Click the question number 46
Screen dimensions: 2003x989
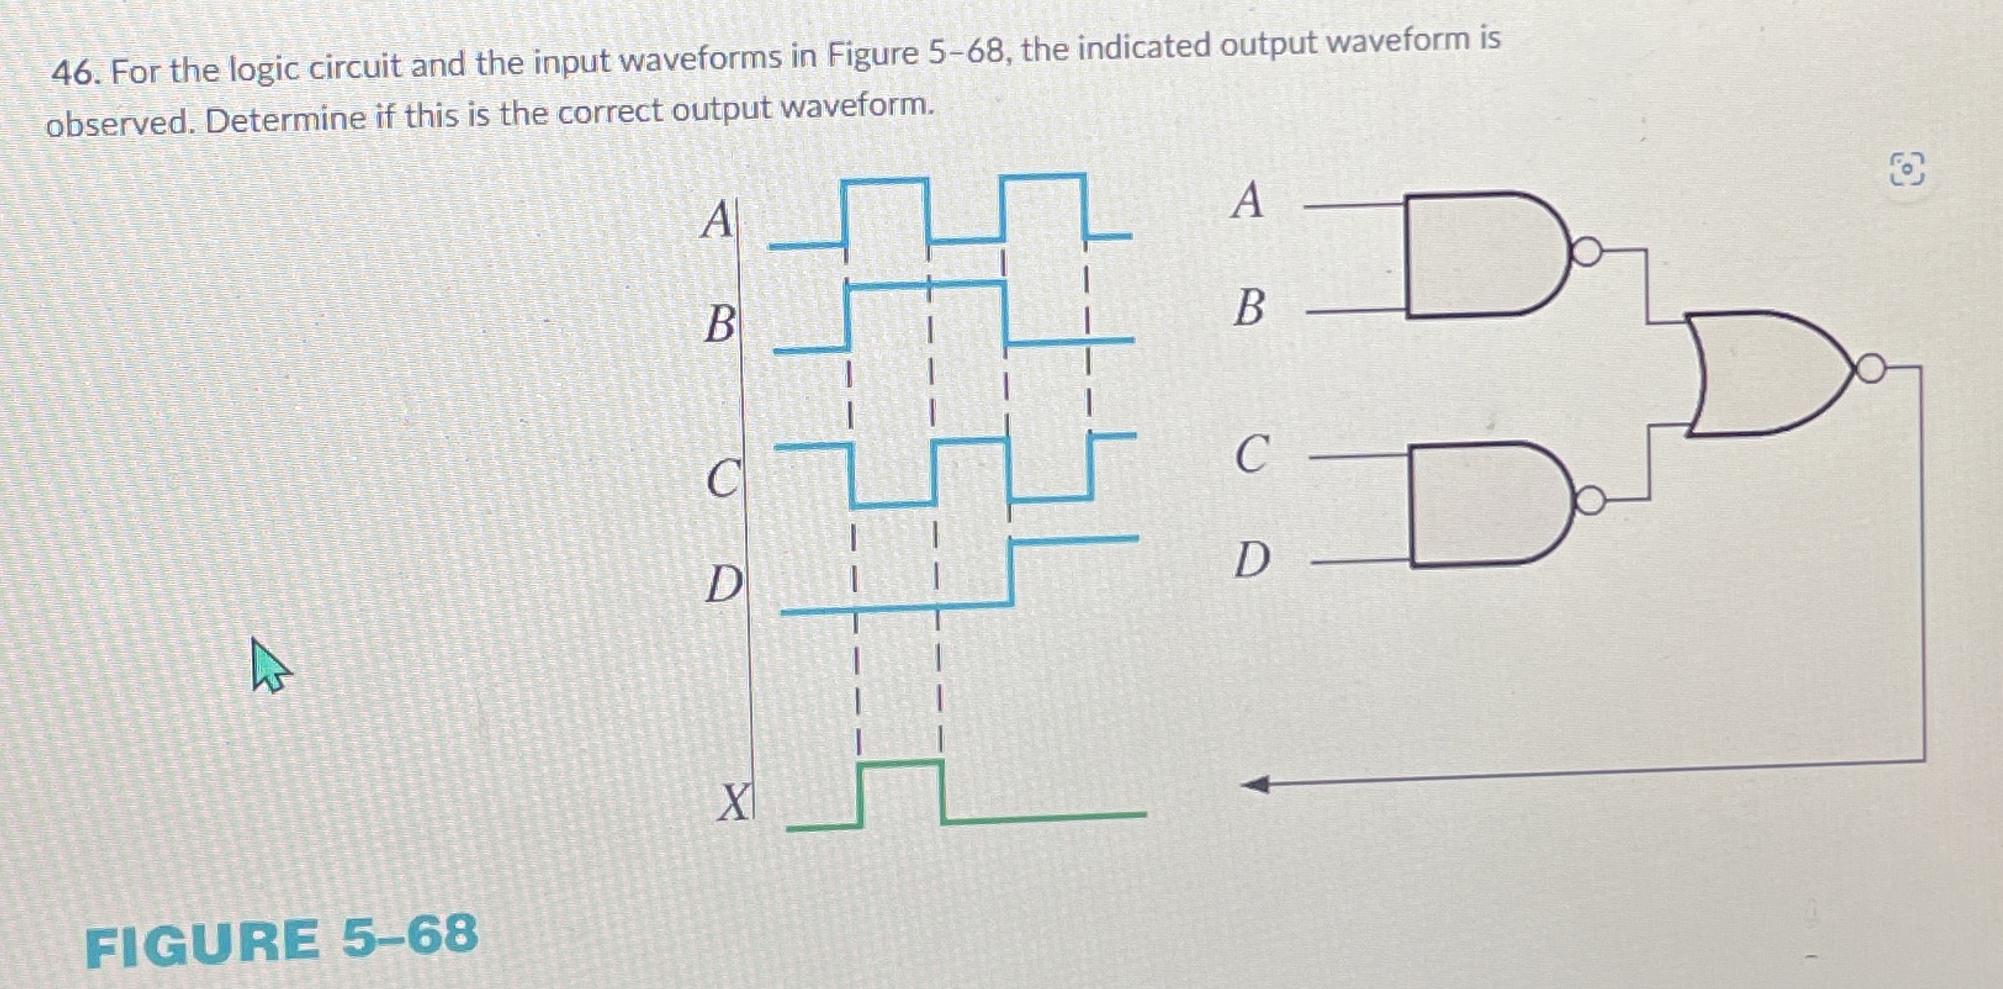(x=74, y=75)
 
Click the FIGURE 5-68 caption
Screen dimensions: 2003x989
(x=281, y=940)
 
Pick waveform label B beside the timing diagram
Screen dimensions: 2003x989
(x=720, y=323)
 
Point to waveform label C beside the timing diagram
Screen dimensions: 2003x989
(x=722, y=478)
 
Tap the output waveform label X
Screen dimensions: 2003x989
(x=734, y=803)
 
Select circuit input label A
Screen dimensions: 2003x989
(x=1247, y=200)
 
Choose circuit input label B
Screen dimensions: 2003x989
(x=1249, y=309)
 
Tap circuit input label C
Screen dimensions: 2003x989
(x=1252, y=454)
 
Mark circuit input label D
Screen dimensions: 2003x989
(x=1252, y=560)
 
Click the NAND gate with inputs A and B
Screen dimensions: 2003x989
(x=1482, y=254)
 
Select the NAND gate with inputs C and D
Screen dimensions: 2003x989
(x=1486, y=504)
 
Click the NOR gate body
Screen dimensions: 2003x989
(x=1765, y=373)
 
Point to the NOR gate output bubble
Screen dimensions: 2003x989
(x=1870, y=369)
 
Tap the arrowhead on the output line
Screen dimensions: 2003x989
(x=1257, y=784)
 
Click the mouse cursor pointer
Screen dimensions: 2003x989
(x=267, y=664)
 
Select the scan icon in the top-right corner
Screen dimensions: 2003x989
(x=1907, y=169)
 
